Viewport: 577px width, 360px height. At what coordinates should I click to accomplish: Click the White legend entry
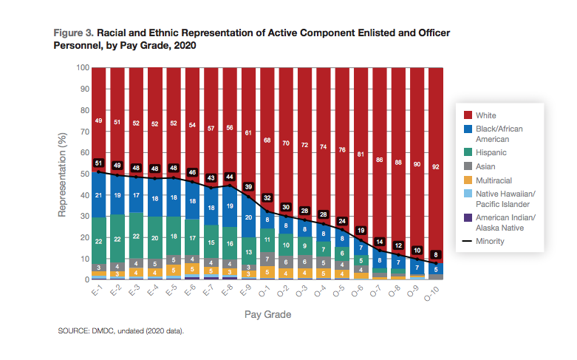tap(486, 115)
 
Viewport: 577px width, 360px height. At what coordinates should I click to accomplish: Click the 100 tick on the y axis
tap(83, 68)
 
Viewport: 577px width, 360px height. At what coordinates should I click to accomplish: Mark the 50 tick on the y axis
tap(85, 174)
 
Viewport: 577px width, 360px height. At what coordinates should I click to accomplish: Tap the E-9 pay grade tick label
tap(250, 290)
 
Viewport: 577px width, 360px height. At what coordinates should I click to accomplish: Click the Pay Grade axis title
tap(267, 314)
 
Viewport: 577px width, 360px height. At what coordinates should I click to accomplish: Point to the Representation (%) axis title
tap(63, 174)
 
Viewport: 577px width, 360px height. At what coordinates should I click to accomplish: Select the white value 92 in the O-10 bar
tap(436, 167)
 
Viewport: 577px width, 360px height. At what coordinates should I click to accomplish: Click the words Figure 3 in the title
tap(73, 34)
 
